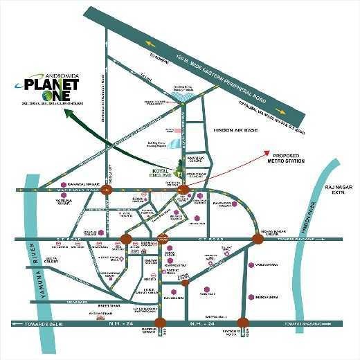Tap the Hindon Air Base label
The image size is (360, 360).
(x=233, y=129)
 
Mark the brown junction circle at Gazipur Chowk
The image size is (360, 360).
(x=161, y=323)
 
